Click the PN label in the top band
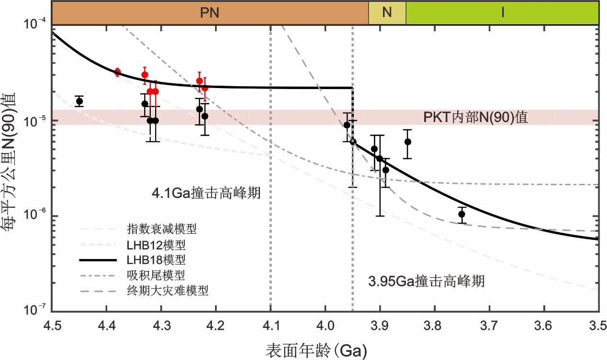click(210, 13)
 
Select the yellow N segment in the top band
click(387, 13)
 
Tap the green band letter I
click(502, 13)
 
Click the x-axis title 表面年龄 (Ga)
click(316, 349)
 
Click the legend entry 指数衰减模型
click(162, 229)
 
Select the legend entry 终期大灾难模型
click(168, 290)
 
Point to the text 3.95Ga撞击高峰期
click(427, 281)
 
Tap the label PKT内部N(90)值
click(475, 117)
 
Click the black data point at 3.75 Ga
click(461, 214)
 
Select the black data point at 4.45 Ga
click(79, 101)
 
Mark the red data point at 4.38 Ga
click(117, 72)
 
